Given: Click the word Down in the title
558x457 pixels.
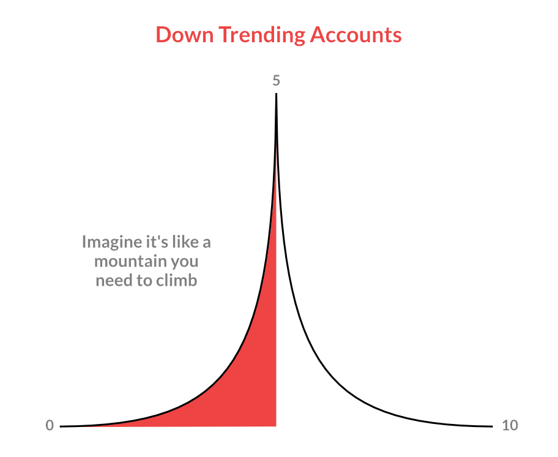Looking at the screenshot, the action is click(x=185, y=34).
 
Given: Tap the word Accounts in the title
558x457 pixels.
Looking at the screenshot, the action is click(x=355, y=35).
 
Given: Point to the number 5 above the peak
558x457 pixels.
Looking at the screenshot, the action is click(x=276, y=80).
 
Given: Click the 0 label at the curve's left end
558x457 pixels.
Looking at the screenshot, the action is click(x=50, y=425).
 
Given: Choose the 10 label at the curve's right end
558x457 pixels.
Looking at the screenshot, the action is click(x=510, y=425).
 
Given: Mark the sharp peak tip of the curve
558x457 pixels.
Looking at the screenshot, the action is click(x=276, y=94).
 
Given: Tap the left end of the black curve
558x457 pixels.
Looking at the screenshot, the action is click(x=61, y=426).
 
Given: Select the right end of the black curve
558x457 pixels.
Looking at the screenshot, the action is click(x=492, y=426).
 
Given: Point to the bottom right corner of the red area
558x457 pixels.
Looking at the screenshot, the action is click(x=276, y=426).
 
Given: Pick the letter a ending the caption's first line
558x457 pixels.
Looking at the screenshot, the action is click(x=207, y=243).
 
